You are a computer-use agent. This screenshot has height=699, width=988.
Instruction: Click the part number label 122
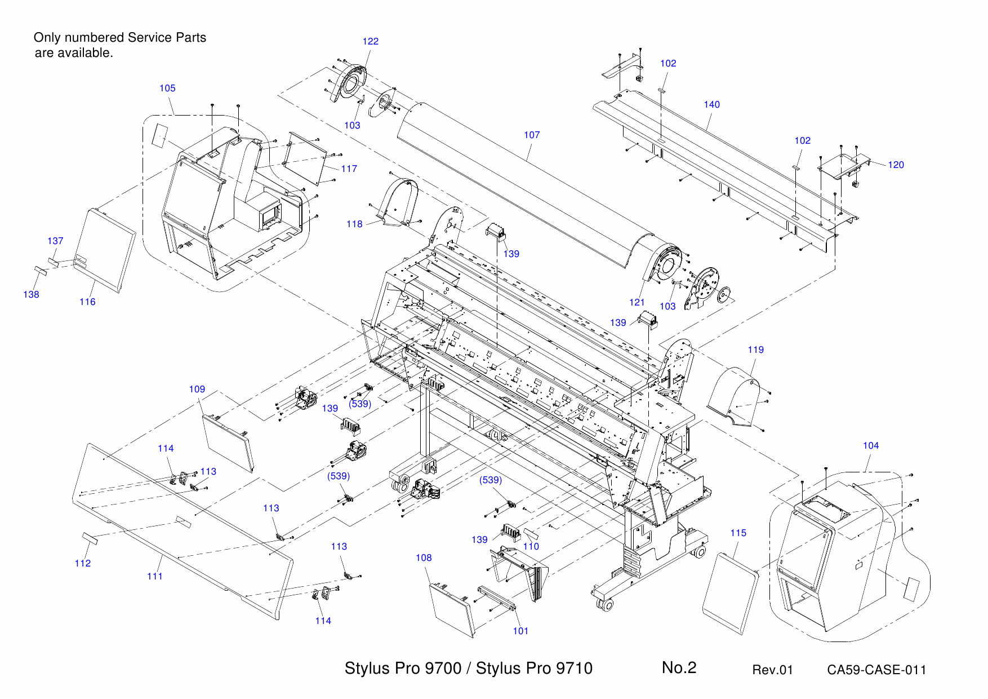(370, 41)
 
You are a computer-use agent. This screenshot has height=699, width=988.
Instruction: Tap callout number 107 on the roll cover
(531, 135)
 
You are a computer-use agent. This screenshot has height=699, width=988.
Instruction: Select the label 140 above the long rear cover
(711, 104)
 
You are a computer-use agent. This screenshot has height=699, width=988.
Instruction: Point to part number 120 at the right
(896, 165)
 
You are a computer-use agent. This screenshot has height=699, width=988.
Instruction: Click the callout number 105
(167, 88)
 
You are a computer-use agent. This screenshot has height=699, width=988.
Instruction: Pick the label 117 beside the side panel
(349, 169)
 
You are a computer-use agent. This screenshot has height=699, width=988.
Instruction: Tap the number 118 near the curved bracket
(354, 224)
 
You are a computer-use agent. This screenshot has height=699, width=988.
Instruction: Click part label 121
(637, 302)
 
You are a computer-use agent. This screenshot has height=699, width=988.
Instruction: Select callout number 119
(755, 349)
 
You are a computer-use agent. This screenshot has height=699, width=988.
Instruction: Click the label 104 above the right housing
(870, 445)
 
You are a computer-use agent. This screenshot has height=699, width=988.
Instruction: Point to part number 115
(738, 533)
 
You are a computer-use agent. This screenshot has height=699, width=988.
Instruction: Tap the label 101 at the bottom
(520, 631)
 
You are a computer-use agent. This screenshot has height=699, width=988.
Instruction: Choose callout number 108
(424, 558)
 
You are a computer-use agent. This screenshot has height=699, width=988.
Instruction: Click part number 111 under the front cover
(154, 576)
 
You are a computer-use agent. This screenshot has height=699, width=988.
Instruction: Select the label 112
(82, 563)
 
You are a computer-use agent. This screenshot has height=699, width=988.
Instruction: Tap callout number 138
(31, 294)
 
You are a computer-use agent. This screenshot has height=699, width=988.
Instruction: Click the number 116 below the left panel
(87, 302)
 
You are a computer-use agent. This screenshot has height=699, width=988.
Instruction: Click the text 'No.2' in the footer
(679, 667)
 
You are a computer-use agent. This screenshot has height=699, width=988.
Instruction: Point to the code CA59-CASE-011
(876, 670)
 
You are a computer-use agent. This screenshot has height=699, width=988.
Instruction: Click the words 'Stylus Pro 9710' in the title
(534, 668)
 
